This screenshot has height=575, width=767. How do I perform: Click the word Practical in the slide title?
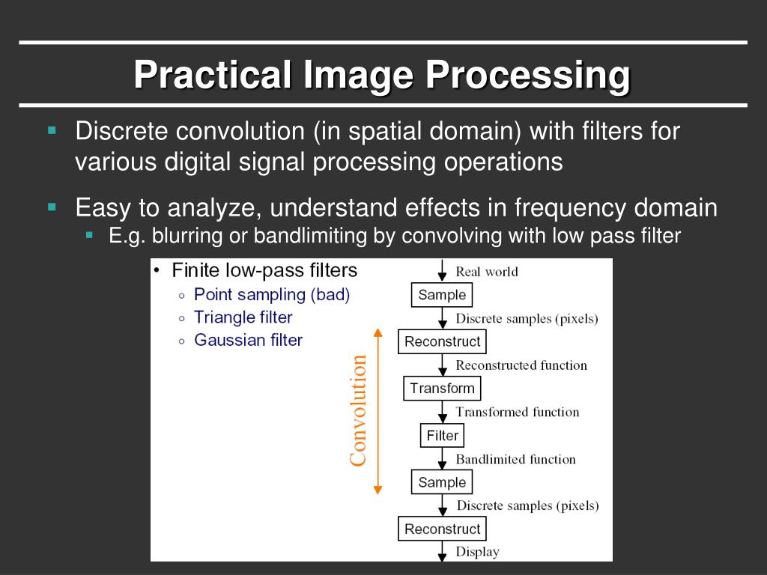tap(212, 75)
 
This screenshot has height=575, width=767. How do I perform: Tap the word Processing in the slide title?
tap(528, 75)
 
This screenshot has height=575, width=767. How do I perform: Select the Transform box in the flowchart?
tap(442, 389)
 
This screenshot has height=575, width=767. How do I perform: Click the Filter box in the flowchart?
tap(442, 436)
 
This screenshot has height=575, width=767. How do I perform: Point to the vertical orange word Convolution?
tap(359, 410)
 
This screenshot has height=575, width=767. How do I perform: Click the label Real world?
tap(486, 272)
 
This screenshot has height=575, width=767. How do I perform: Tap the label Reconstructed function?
tap(521, 365)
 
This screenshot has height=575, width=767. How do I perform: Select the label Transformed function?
tap(518, 412)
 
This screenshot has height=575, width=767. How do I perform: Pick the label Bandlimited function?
tap(515, 459)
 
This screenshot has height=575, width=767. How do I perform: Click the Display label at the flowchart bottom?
tap(477, 552)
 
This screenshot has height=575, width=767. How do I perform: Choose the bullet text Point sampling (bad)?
tap(272, 294)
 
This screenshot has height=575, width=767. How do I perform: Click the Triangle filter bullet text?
tap(243, 317)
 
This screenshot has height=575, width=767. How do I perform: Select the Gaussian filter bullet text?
tap(248, 340)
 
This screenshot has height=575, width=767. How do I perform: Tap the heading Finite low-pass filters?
tap(264, 270)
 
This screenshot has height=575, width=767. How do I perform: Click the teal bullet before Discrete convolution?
tap(52, 130)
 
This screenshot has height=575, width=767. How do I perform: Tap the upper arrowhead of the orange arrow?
tap(378, 333)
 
